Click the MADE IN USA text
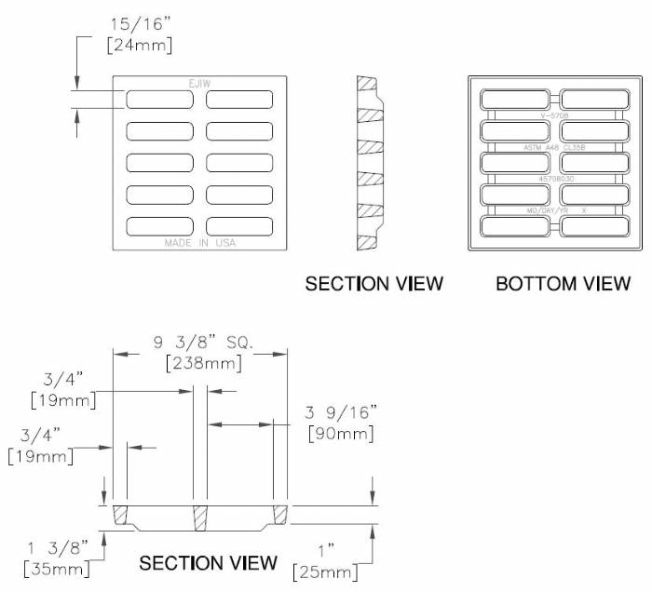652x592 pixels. [x=200, y=243]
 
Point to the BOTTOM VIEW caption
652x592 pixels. [x=563, y=283]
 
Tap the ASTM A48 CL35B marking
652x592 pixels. [x=554, y=148]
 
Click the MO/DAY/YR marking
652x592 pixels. [x=542, y=210]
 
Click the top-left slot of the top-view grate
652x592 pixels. [x=160, y=100]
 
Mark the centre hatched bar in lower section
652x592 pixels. [x=200, y=517]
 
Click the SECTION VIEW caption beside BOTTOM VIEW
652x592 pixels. [x=374, y=283]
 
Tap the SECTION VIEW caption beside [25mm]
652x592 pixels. [x=208, y=562]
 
